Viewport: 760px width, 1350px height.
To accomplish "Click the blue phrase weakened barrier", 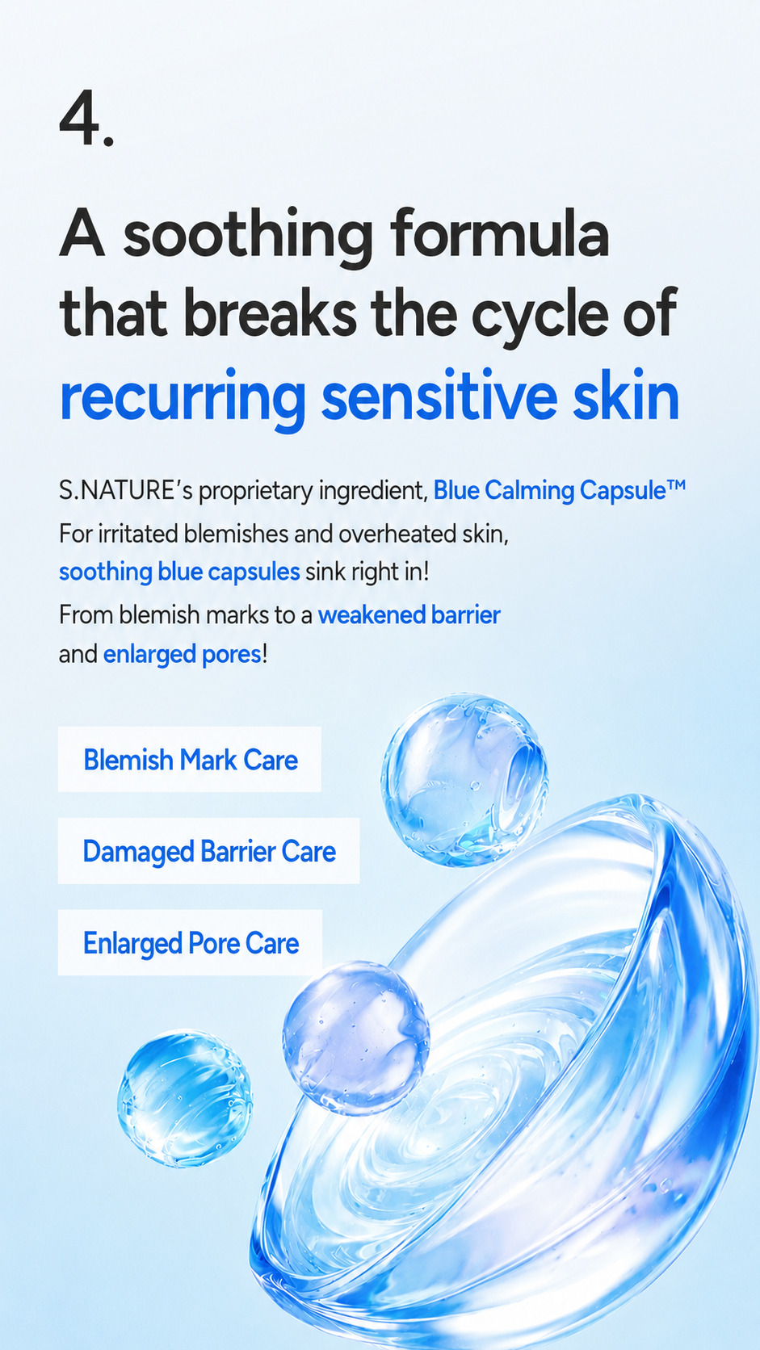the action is [x=409, y=614].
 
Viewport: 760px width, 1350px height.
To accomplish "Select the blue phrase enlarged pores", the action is [x=182, y=655].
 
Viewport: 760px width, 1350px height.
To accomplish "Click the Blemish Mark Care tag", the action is [x=190, y=759].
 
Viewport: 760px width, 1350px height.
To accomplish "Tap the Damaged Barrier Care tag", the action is [x=208, y=851].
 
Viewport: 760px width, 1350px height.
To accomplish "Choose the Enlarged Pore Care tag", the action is [x=191, y=942].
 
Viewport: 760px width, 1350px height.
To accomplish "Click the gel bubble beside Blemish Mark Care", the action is [x=464, y=781].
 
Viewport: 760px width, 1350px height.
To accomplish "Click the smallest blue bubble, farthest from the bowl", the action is [x=185, y=1099].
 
